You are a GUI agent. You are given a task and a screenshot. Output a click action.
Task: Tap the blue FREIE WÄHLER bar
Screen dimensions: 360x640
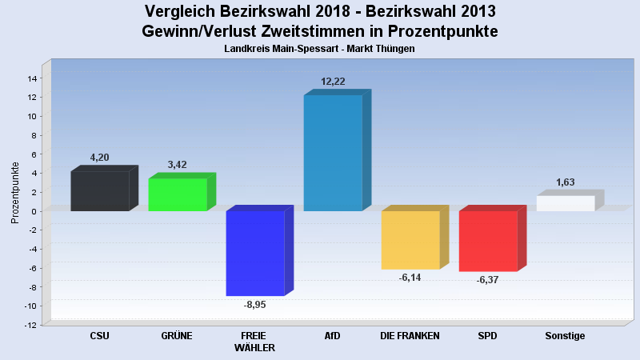point(255,253)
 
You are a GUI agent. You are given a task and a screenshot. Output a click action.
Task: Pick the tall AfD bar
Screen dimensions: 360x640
point(333,153)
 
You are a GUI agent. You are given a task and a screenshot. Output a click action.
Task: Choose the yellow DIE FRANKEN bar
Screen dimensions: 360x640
point(410,240)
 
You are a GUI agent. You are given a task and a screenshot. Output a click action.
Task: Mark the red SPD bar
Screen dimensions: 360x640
point(488,241)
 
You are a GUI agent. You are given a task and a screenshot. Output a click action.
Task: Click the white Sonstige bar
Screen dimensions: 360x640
point(566,203)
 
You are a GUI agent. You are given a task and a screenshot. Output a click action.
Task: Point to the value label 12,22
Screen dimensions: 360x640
point(334,82)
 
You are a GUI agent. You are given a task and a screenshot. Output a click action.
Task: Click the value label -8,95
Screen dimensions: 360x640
point(254,305)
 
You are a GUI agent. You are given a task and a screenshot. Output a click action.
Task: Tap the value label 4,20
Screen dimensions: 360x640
point(99,158)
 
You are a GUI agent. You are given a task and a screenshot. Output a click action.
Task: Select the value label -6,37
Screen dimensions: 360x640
point(487,280)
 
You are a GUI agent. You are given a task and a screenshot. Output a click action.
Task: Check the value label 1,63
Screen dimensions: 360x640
point(566,182)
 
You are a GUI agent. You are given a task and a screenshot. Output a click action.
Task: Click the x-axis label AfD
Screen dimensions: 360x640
point(332,336)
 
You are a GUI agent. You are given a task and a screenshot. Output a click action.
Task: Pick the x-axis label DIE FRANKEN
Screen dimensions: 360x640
point(410,336)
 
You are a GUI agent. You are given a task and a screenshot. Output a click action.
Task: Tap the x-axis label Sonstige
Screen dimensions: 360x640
point(565,336)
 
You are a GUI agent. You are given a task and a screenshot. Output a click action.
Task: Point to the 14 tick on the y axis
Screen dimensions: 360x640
point(33,78)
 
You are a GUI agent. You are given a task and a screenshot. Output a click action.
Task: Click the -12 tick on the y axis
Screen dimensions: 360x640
point(31,325)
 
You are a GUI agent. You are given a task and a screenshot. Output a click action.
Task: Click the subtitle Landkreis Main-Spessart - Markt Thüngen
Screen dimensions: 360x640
point(320,49)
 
